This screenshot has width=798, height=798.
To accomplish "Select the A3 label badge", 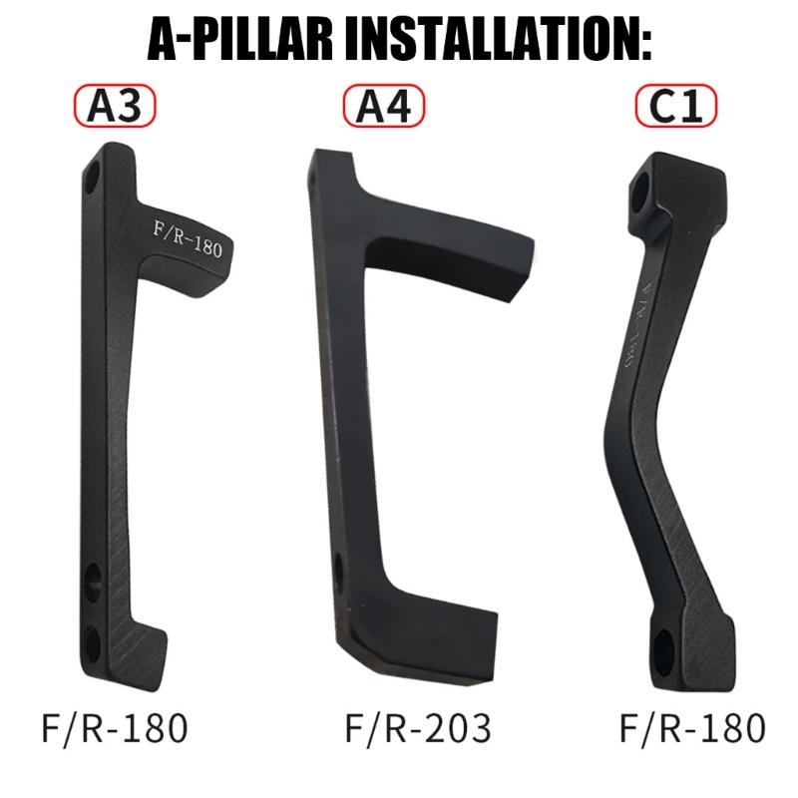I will point(115,106).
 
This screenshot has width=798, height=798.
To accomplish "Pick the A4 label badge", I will point(384,106).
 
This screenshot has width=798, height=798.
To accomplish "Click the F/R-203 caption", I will point(418,729).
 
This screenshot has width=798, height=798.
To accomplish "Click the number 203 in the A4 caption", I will point(457,729).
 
